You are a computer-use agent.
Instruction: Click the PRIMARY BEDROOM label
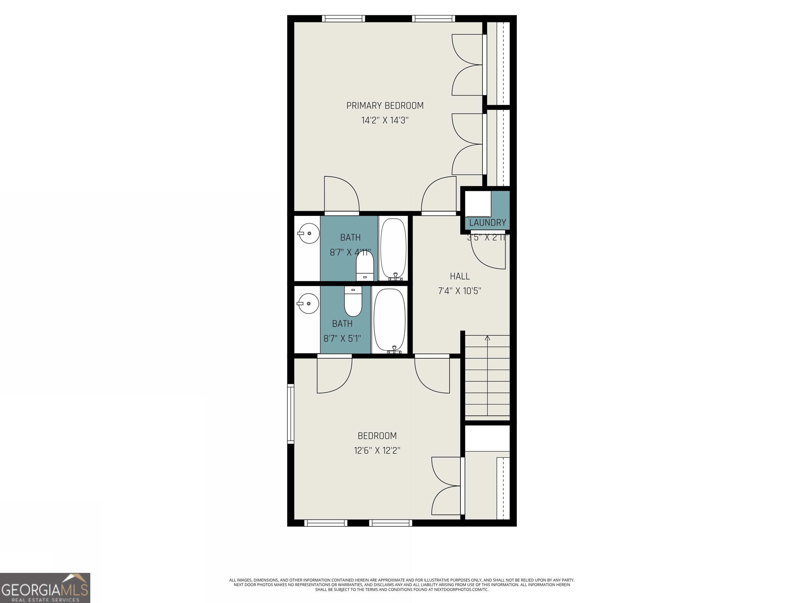click(384, 106)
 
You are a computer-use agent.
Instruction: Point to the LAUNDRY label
click(487, 222)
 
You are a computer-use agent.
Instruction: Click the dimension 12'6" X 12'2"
click(377, 451)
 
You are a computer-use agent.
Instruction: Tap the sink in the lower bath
click(308, 304)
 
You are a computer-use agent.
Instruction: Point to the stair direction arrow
click(487, 338)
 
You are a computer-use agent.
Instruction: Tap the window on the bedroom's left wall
click(291, 414)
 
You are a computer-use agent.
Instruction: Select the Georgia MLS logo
click(45, 588)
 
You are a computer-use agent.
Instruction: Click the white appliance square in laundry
click(478, 204)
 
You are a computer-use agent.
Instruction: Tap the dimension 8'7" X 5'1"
click(342, 339)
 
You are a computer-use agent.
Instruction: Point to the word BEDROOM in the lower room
click(377, 436)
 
